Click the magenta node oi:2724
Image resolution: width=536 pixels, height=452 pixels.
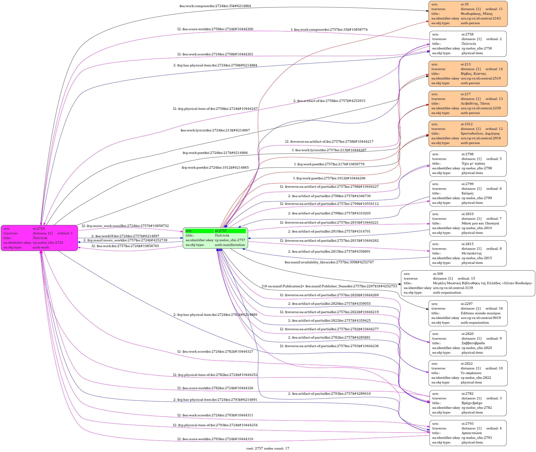click(x=39, y=238)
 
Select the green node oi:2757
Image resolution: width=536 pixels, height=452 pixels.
click(x=215, y=238)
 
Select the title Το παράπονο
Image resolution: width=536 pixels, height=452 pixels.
click(x=471, y=373)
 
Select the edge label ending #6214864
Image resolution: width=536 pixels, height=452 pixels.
click(x=215, y=6)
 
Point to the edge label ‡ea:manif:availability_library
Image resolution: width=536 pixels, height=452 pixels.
click(x=329, y=262)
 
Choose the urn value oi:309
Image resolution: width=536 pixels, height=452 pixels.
click(x=438, y=274)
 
